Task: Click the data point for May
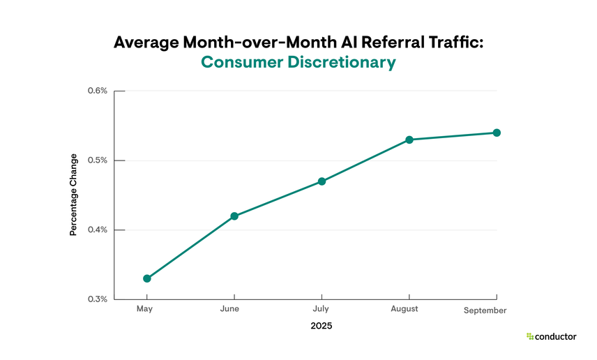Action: (147, 278)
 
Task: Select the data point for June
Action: (234, 216)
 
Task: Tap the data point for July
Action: (322, 181)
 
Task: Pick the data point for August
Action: (409, 140)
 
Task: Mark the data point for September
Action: (497, 133)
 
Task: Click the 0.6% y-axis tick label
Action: (97, 91)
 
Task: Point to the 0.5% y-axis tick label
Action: (97, 160)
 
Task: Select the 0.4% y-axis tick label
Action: (97, 230)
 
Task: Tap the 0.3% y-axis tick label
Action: (97, 299)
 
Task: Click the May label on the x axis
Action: (144, 309)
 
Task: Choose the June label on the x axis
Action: (229, 309)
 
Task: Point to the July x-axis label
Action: (321, 309)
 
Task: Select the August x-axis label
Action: (405, 309)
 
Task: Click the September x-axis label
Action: (485, 310)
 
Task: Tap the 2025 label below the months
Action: (322, 327)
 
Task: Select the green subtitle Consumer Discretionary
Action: (298, 62)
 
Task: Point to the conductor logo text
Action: (556, 336)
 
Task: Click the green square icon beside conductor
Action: (530, 336)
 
